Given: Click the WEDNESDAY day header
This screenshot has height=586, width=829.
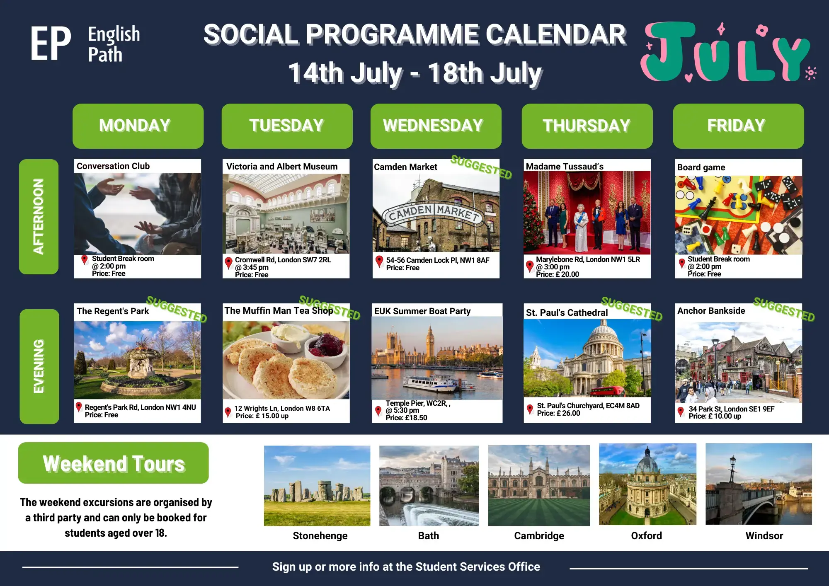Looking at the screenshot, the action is [436, 126].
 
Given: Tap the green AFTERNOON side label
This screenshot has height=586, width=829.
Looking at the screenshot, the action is [39, 217].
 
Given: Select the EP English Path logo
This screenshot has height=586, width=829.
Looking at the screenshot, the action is [85, 44].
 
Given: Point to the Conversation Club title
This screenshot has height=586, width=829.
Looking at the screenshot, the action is [113, 166].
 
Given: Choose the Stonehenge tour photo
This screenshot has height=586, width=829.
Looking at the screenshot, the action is [317, 486].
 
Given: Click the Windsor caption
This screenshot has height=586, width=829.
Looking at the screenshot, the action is [764, 536].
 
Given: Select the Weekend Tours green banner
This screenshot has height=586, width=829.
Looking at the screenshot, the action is [114, 463].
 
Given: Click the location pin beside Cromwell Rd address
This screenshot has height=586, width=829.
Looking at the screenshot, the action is [228, 263].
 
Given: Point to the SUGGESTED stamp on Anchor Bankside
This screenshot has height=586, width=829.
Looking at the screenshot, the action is [784, 309].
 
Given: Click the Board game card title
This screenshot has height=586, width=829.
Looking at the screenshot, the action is [701, 167].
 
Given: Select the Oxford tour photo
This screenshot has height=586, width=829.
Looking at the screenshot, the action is [647, 484].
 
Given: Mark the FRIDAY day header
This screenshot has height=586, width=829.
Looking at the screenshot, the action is [738, 126].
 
